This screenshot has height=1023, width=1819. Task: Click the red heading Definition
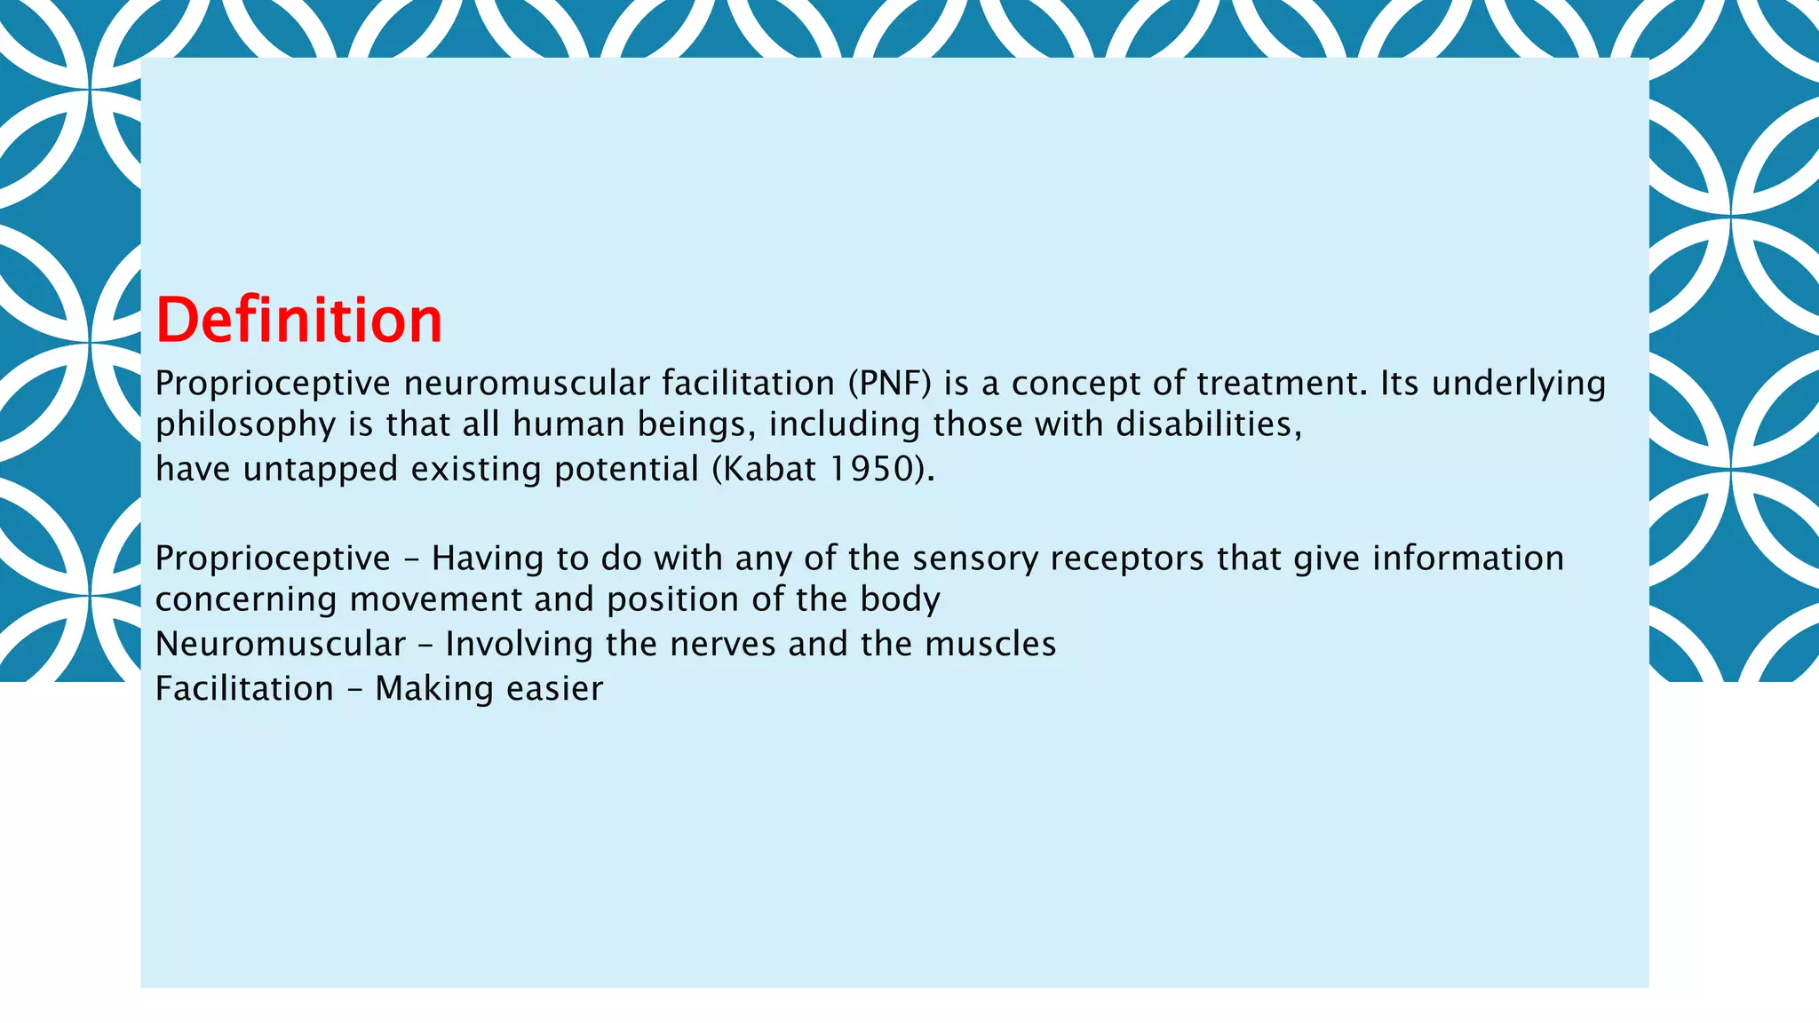[x=298, y=321]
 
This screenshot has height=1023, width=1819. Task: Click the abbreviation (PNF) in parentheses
[x=889, y=384]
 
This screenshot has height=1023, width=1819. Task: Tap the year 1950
[x=872, y=469]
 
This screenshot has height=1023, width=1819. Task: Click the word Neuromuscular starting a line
[x=280, y=644]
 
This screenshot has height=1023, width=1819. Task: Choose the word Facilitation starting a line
[x=244, y=688]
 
